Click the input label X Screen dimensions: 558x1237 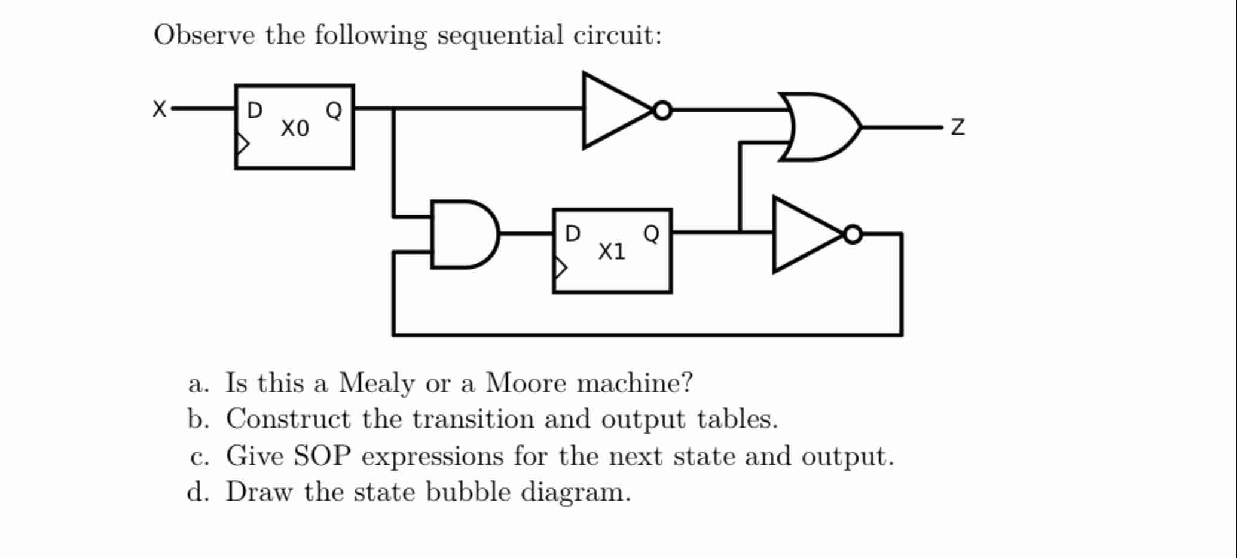tap(159, 109)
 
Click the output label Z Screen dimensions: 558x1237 tap(957, 127)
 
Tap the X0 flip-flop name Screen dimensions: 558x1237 tap(295, 129)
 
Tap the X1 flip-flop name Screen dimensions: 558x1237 tap(612, 252)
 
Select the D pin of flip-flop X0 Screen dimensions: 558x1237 tap(254, 111)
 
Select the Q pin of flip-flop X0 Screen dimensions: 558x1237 tap(334, 111)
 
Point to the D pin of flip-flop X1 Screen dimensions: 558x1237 tap(572, 234)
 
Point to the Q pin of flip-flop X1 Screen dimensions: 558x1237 tap(651, 234)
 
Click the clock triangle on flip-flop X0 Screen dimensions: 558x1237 tap(242, 144)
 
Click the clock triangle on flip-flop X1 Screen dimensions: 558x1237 tap(560, 267)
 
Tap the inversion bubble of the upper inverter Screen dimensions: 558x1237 tap(662, 111)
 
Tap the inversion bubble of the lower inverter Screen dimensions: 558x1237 tap(853, 234)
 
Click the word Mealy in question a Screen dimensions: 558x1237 tap(375, 383)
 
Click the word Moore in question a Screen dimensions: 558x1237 tap(525, 383)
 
